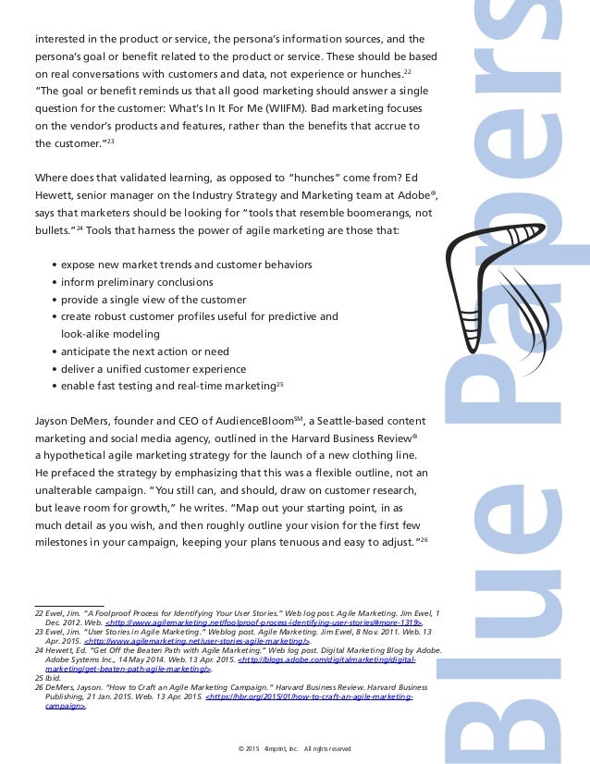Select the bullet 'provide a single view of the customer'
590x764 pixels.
153,300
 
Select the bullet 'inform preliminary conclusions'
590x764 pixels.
137,282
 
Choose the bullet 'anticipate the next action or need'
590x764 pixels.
145,351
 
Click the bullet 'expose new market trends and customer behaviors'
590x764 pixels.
187,265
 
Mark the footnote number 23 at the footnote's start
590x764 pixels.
39,632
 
